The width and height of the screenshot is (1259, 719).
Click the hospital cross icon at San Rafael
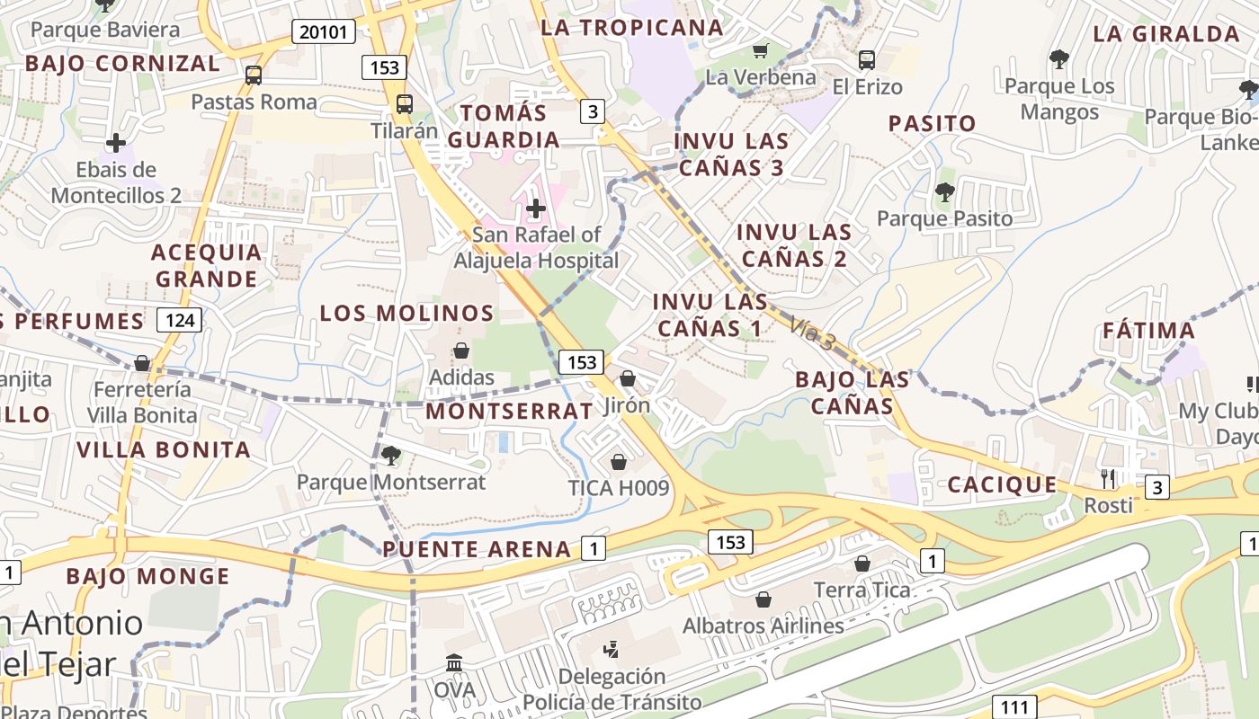point(536,209)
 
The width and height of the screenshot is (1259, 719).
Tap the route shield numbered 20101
point(323,32)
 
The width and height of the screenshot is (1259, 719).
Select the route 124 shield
point(179,320)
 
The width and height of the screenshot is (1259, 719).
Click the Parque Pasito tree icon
point(944,191)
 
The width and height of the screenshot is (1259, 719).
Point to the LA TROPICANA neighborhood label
point(631,28)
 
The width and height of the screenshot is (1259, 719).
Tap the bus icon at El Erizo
point(866,60)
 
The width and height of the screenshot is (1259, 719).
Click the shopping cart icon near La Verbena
point(761,50)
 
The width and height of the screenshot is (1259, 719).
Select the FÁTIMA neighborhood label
point(1149,331)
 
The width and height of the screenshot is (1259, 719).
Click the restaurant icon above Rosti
point(1108,478)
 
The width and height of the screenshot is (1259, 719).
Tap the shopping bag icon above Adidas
point(461,351)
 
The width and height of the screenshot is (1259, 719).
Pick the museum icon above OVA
point(454,663)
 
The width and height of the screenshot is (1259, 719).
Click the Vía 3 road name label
point(814,333)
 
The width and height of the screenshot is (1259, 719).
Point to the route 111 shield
point(1015,706)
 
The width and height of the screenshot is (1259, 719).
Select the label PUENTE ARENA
point(477,549)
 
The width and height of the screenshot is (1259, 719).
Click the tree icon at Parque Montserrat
point(390,456)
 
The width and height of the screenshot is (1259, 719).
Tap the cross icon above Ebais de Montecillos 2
point(116,143)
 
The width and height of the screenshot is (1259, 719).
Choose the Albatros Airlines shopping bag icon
point(763,599)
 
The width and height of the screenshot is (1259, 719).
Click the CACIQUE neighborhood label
point(1002,485)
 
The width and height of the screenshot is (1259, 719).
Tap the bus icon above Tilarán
point(405,104)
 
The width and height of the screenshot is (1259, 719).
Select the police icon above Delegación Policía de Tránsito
point(612,648)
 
